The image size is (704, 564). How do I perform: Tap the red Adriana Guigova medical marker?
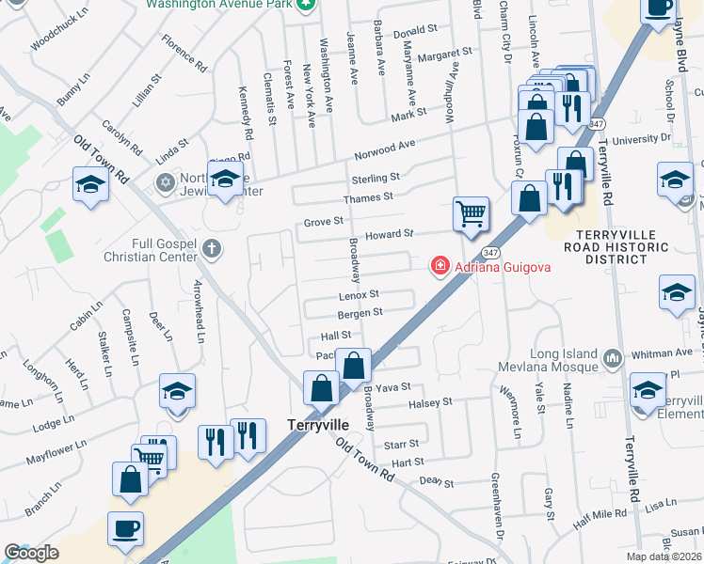coord(439,267)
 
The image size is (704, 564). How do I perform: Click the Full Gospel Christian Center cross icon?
coord(213,249)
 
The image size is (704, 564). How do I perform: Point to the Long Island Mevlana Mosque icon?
coord(613,357)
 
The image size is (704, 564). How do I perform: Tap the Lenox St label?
coord(359,295)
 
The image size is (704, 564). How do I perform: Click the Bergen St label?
coord(360,312)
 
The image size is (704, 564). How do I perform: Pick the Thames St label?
coord(368,197)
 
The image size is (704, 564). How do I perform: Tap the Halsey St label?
coord(432,401)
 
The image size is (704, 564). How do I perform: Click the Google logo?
coord(31,553)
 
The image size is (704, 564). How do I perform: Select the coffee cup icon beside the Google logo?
coord(126,528)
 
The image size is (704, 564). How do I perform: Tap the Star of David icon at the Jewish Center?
coord(167,180)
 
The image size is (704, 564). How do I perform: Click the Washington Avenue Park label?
coord(220,4)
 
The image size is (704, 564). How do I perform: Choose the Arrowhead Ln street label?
coord(199,304)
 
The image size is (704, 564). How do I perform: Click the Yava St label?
coord(388,387)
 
